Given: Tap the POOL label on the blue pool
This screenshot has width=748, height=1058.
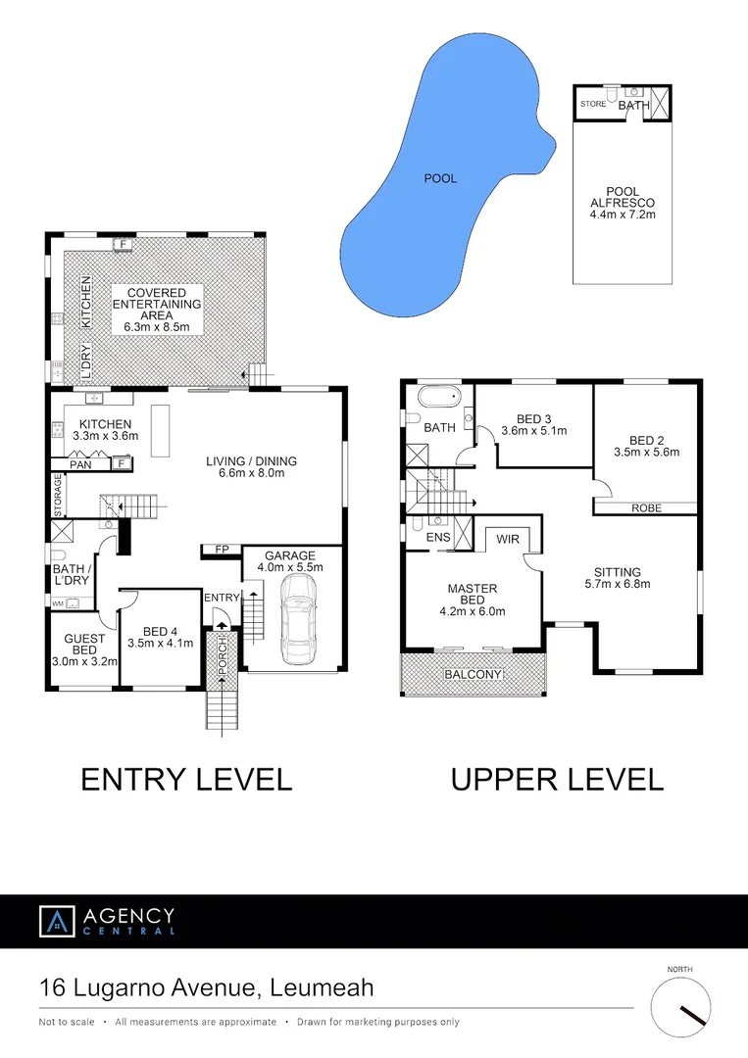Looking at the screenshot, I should coord(441,178).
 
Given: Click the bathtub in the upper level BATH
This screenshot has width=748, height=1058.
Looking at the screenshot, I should coord(439,399).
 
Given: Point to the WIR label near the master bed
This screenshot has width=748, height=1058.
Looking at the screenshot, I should coord(508,539).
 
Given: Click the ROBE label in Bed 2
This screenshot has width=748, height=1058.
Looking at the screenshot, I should coord(646,507).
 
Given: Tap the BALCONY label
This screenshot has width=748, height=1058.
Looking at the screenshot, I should coord(473,675).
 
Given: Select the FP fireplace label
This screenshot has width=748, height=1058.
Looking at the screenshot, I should coord(221,550).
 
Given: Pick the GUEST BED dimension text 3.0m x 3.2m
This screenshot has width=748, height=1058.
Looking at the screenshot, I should coord(84,661).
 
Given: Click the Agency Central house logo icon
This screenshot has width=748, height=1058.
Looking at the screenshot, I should coord(57,921).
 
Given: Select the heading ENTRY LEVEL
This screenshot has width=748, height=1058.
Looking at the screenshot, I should coord(186,780).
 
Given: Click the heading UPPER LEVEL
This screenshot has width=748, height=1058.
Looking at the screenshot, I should coord(557,780).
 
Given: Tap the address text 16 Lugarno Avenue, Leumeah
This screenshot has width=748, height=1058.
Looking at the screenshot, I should coord(206,987).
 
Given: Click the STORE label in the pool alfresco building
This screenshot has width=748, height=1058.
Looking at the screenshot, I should coord(592,103).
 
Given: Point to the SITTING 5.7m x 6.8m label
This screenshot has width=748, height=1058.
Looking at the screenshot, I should coord(617,578).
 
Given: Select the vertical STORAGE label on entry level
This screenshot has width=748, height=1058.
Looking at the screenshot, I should coord(58,495).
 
